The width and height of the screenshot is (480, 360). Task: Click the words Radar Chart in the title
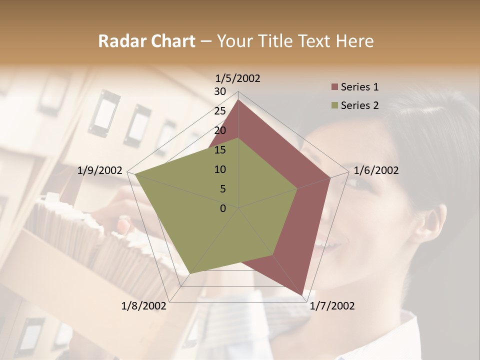tap(146, 41)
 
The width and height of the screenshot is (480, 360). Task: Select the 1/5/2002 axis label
tap(238, 78)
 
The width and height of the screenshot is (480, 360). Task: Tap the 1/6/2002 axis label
tap(376, 170)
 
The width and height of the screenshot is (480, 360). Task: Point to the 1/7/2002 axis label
tap(332, 305)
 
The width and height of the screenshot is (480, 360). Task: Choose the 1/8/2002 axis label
tap(144, 305)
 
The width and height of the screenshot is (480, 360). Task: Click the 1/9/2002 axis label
tap(100, 170)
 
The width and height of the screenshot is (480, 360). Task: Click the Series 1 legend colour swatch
tap(335, 87)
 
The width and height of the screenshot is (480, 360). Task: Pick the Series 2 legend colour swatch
tap(335, 105)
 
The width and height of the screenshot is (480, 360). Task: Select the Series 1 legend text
tap(359, 87)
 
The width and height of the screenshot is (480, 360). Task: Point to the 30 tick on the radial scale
tap(220, 91)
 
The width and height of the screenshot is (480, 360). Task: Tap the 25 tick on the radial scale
tap(220, 111)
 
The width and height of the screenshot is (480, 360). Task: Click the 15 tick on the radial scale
tap(220, 150)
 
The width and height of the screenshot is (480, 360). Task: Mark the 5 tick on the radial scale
tap(223, 189)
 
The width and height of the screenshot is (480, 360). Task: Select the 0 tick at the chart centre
tap(223, 208)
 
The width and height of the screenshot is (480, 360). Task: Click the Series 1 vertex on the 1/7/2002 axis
tap(302, 295)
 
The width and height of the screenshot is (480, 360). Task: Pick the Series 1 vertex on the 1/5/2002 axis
tap(238, 100)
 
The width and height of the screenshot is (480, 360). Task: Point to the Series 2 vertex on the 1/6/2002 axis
tap(297, 189)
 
